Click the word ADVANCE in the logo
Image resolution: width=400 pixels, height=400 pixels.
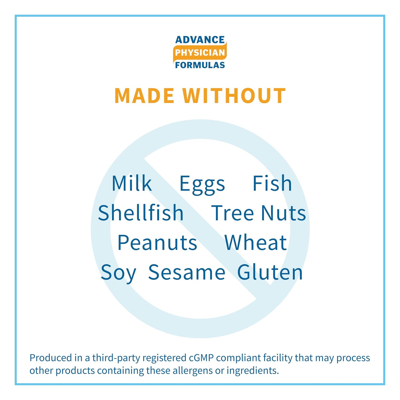click(200, 40)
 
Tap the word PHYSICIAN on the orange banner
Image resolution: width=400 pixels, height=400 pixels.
click(200, 53)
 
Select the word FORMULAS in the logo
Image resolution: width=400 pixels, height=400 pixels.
click(200, 65)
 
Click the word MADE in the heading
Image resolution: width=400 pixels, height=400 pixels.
click(144, 96)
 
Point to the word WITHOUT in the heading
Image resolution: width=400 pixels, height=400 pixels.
click(234, 96)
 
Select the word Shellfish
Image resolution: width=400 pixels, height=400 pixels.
click(141, 213)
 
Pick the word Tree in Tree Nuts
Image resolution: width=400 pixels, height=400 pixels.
click(232, 213)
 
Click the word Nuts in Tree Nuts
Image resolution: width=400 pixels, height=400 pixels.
click(283, 213)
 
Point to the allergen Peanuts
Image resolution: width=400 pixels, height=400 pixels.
click(157, 243)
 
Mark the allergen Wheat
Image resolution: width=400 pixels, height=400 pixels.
click(256, 242)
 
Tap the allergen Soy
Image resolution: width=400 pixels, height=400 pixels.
click(118, 274)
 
